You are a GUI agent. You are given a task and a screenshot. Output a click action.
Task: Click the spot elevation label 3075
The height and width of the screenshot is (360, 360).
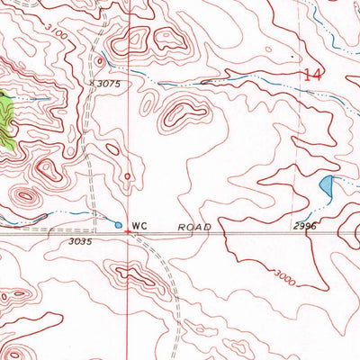tap(110, 82)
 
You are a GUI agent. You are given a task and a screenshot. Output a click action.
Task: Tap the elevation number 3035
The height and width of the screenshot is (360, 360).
tap(80, 241)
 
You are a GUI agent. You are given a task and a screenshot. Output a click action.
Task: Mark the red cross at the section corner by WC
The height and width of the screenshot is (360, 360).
tap(128, 232)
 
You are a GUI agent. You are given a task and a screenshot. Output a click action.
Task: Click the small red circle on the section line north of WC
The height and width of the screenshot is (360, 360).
tap(128, 176)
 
